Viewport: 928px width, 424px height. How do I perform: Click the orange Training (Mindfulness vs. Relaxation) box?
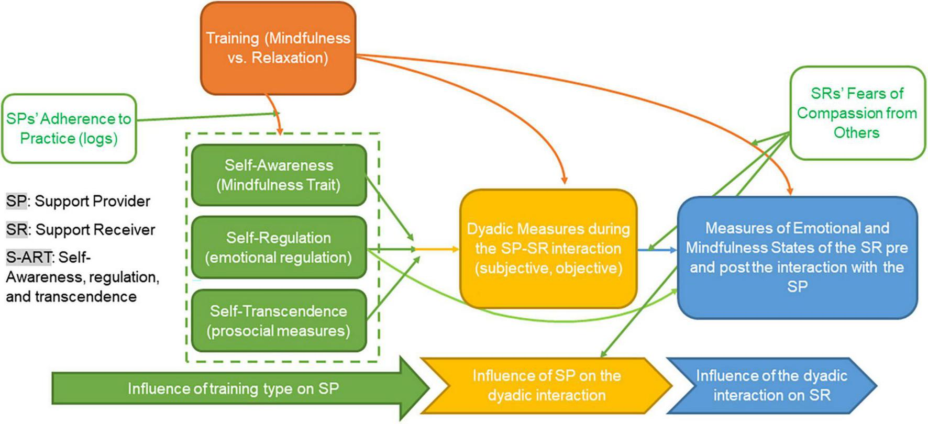coord(278,48)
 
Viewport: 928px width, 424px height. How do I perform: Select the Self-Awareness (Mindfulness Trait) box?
coord(279,175)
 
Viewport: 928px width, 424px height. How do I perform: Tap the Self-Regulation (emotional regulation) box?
coord(279,247)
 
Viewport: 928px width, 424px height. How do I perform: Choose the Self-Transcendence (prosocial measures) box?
coord(279,320)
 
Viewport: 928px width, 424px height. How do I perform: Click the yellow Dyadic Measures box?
coord(548,249)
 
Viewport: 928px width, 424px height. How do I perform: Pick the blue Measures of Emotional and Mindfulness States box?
coord(797,257)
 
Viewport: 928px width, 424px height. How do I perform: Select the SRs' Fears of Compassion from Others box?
coord(857,113)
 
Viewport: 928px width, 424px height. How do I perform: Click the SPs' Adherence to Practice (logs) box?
coord(69,129)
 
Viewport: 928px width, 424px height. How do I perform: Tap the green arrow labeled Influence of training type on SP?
coord(233,388)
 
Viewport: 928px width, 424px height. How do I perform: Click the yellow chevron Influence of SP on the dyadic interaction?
coord(546,385)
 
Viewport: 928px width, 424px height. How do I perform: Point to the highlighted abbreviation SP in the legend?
coord(16,201)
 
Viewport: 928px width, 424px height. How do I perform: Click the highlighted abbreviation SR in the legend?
coord(17,230)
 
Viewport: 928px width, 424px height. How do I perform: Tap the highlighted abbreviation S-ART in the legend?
coord(29,257)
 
